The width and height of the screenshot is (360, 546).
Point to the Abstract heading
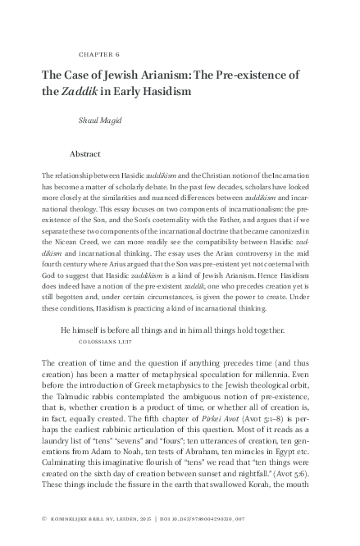85,153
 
